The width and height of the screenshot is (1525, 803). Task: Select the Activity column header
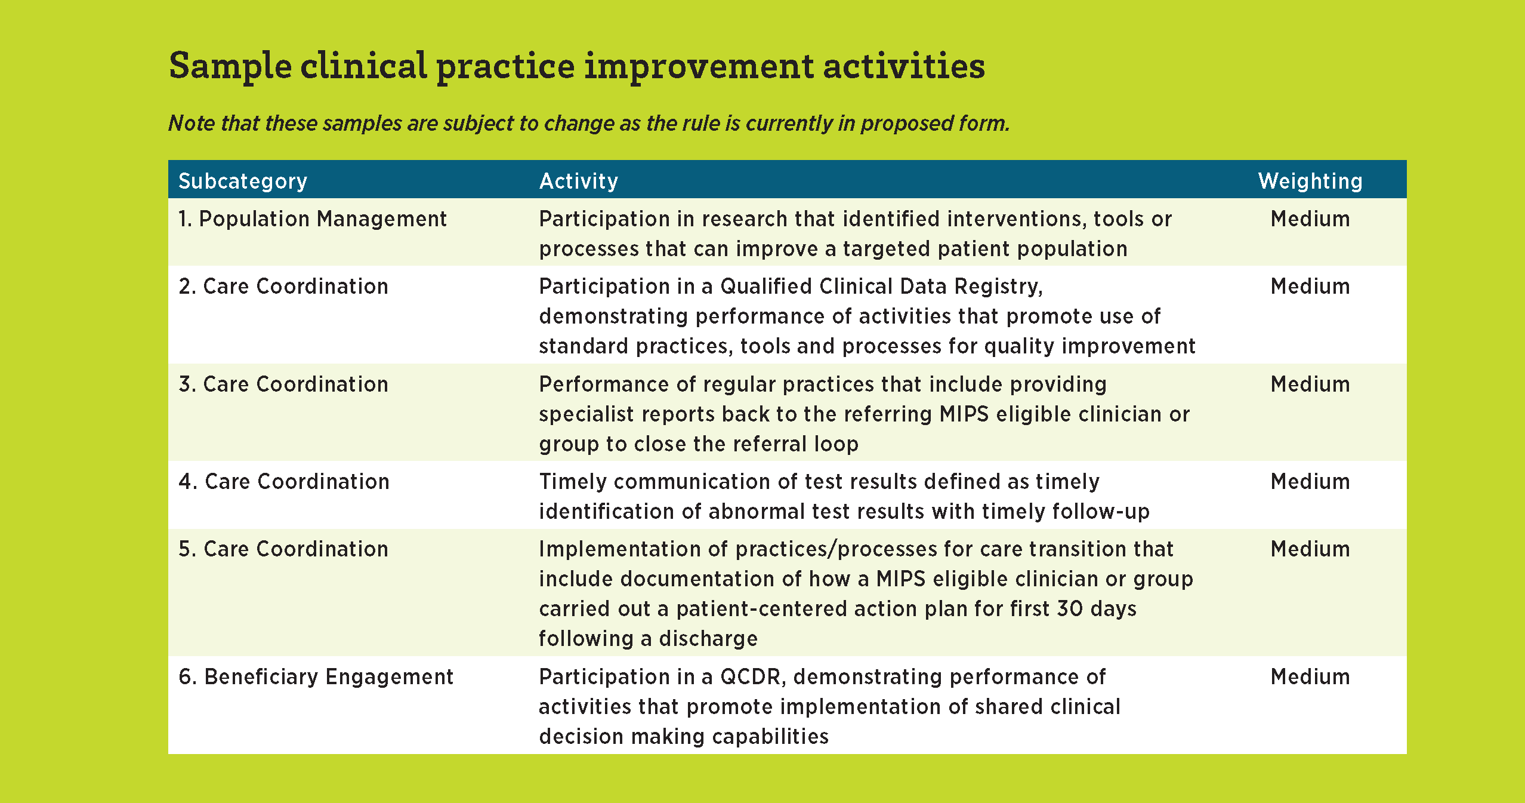click(579, 181)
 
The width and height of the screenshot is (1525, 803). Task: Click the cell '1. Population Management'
click(313, 219)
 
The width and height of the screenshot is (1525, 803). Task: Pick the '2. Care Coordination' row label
click(283, 287)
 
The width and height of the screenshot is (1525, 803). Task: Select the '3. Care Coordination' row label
click(283, 384)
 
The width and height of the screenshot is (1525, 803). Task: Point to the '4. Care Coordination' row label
click(284, 482)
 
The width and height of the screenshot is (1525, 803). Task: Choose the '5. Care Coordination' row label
click(283, 549)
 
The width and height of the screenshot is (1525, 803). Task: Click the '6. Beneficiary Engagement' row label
click(316, 677)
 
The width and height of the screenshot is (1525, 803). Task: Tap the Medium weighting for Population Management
click(1310, 219)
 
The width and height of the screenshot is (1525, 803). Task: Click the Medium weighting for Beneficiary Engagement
click(1310, 677)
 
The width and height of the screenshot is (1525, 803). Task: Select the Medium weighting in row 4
click(1310, 482)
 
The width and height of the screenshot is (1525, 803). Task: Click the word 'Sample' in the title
click(230, 67)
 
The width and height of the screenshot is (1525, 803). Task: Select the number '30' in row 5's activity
click(1070, 609)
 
